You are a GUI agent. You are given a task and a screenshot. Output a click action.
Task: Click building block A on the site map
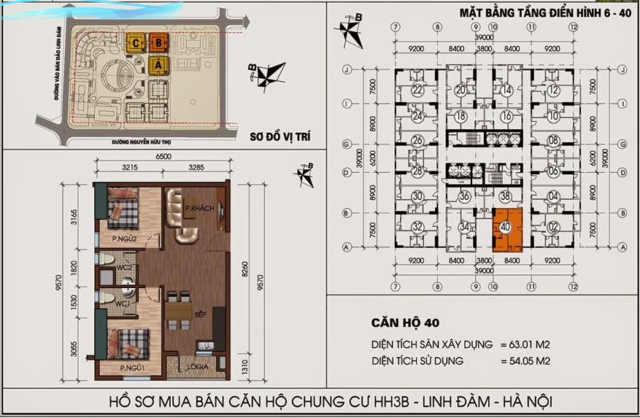(157, 64)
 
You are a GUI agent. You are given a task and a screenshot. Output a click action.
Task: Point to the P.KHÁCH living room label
(199, 209)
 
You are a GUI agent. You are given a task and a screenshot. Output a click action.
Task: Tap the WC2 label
(123, 268)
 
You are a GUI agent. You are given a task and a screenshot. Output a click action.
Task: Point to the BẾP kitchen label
(200, 313)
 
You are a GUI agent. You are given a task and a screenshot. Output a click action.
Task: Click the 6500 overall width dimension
(163, 157)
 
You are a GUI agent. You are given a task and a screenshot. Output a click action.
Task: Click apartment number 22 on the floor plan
(417, 90)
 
